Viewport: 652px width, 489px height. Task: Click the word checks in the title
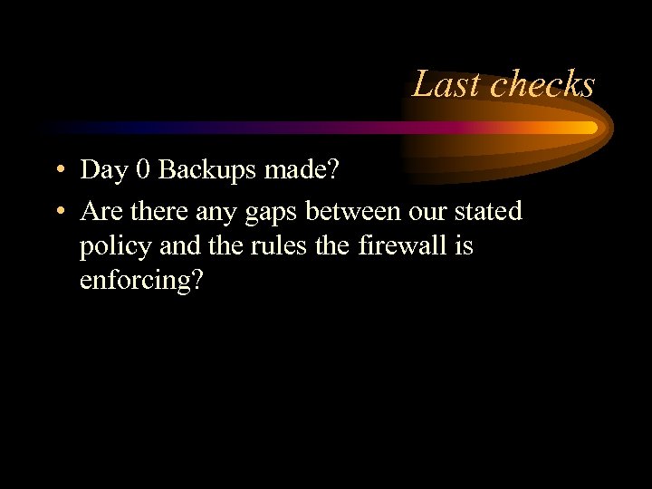[542, 84]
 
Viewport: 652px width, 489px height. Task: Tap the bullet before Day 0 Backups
[57, 169]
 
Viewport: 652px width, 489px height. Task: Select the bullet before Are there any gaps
[57, 212]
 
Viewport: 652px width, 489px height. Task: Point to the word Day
[101, 170]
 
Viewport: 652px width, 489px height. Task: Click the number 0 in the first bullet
[140, 169]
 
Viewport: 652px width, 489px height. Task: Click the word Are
[100, 212]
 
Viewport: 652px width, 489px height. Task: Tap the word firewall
[394, 245]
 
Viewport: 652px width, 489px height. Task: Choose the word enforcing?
[141, 281]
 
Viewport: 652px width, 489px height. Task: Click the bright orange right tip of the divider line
[590, 128]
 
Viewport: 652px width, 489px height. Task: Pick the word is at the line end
[464, 245]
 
